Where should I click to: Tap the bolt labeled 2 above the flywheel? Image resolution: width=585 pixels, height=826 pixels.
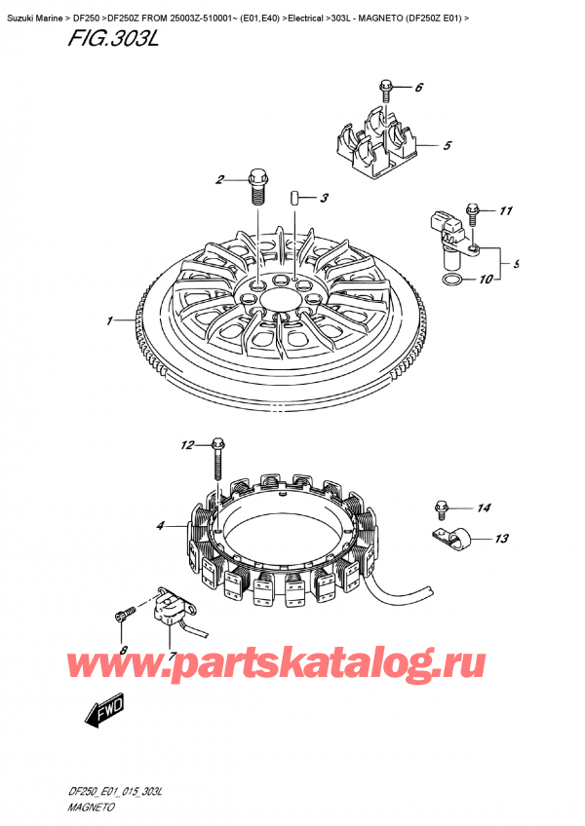[x=257, y=184]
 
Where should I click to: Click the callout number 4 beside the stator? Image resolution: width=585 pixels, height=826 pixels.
[x=159, y=527]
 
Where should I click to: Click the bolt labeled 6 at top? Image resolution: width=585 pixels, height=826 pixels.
[x=386, y=91]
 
